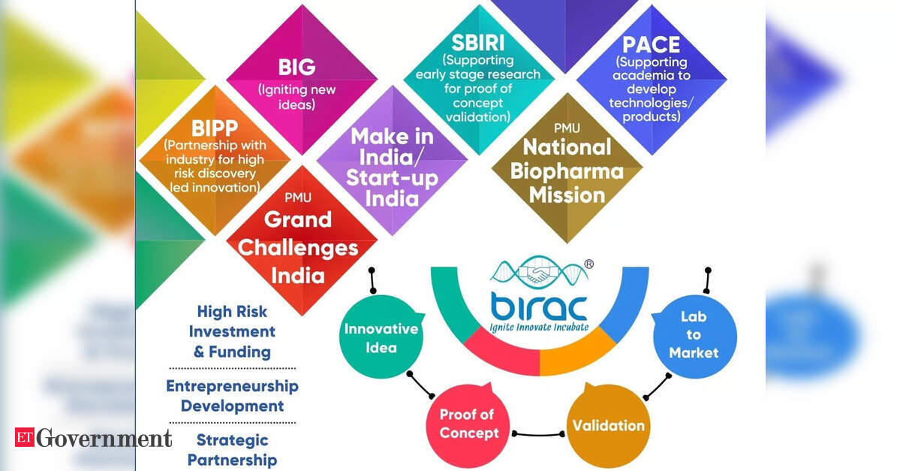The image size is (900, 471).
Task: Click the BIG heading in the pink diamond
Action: [x=296, y=67]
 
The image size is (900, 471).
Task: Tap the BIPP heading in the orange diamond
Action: [x=215, y=128]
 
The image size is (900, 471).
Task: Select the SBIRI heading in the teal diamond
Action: [x=478, y=43]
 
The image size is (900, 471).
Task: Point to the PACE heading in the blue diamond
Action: [x=651, y=45]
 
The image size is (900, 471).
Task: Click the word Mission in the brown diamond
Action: [x=567, y=195]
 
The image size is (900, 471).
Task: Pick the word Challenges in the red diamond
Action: [x=298, y=248]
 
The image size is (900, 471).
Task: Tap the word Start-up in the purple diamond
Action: [x=392, y=178]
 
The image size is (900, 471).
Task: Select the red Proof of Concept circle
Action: [x=468, y=425]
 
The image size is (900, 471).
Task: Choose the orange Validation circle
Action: [x=609, y=426]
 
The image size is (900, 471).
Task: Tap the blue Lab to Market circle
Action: [x=694, y=335]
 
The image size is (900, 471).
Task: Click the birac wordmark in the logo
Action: [x=539, y=307]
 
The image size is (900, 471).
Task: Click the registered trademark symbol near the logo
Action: [x=589, y=264]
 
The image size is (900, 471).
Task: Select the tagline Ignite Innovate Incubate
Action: [x=539, y=328]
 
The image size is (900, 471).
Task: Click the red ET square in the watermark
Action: [x=25, y=437]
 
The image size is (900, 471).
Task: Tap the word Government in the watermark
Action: [x=104, y=438]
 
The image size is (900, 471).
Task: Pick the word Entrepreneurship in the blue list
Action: [x=232, y=386]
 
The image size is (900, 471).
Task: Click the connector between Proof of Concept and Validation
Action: [x=538, y=434]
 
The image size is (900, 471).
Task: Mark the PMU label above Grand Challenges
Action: [x=298, y=198]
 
